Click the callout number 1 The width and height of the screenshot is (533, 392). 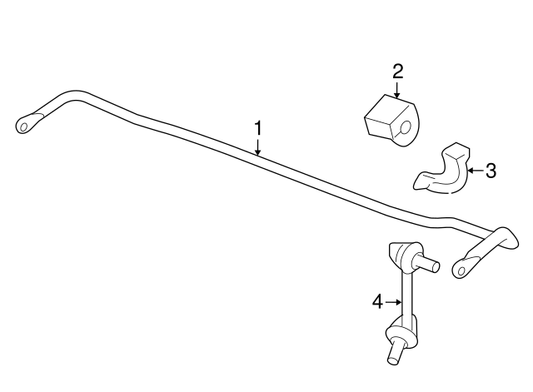tap(258, 128)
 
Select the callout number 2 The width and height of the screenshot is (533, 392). tap(397, 72)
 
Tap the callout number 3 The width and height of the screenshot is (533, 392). tap(491, 171)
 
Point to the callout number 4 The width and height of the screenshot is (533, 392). tap(377, 301)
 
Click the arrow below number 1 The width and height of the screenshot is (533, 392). tap(258, 147)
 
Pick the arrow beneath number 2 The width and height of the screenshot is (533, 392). tap(396, 90)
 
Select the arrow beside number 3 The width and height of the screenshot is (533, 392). tap(476, 171)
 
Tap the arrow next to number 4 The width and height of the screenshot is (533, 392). tap(394, 301)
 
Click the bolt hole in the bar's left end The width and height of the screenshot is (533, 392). tap(24, 127)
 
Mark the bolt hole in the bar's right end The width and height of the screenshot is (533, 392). tap(461, 271)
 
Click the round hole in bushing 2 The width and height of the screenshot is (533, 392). tap(405, 128)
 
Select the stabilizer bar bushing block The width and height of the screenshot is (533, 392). tap(391, 121)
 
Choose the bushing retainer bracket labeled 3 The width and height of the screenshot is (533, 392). tap(442, 171)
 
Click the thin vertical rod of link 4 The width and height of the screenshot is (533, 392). tap(407, 295)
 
